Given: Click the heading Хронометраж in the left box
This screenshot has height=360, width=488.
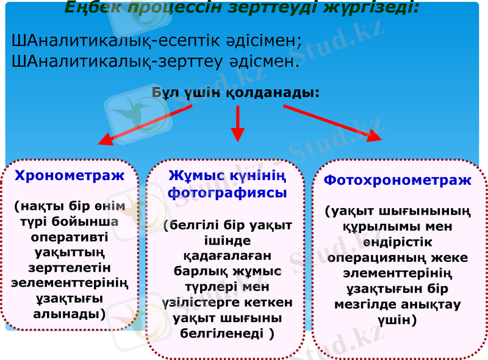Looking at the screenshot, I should tap(69, 176).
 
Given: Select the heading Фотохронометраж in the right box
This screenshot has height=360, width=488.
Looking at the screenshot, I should tap(397, 181).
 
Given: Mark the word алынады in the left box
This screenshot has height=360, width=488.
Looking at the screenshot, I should tap(68, 314).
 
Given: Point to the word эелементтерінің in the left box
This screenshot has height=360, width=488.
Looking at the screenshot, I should tap(70, 283).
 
